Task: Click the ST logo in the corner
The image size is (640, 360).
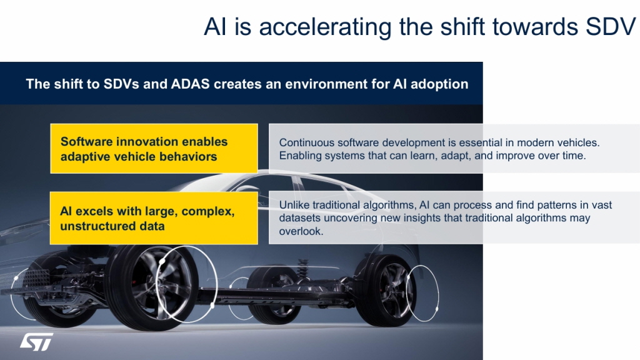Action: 37,342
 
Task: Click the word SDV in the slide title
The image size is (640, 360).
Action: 611,27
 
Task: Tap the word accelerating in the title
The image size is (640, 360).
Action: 325,27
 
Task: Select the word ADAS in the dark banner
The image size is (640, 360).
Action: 190,84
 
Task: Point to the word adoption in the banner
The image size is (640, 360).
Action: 439,84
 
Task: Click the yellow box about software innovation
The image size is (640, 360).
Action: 154,149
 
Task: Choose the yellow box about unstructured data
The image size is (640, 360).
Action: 154,218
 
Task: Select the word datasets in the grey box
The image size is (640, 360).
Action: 300,218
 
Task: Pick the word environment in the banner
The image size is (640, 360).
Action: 326,84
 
